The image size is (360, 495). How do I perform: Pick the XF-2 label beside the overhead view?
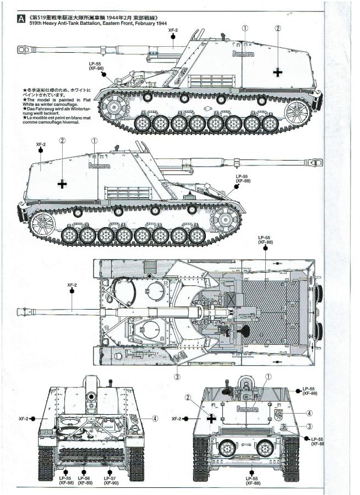(x=72, y=285)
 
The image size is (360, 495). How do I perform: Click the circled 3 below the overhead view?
(x=177, y=377)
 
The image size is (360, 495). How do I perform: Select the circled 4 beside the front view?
(x=156, y=418)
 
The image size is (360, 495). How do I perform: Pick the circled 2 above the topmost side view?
(x=278, y=29)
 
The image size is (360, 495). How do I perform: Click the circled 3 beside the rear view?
(x=310, y=426)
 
